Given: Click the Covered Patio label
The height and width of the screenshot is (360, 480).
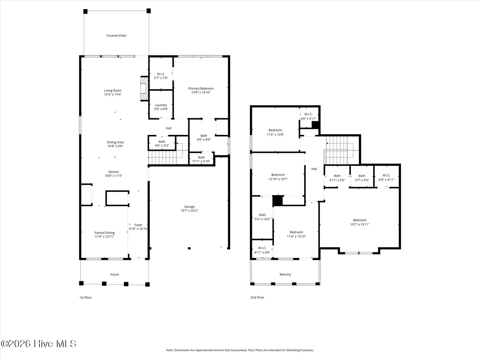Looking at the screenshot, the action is [x=116, y=36].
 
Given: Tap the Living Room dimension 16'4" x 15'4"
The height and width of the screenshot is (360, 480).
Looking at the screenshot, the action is [x=113, y=94].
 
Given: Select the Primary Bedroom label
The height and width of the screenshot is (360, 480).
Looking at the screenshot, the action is [x=201, y=88].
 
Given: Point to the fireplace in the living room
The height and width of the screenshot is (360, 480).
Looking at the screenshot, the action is [x=144, y=88].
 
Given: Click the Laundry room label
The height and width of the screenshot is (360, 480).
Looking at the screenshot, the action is [x=161, y=105].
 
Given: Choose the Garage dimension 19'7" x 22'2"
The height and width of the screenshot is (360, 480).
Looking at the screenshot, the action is [x=189, y=211].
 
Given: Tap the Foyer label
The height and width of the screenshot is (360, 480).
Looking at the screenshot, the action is [x=138, y=225].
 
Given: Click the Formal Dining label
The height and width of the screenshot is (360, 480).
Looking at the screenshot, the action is [x=104, y=233].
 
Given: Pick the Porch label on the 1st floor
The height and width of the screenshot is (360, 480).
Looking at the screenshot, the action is [x=115, y=275].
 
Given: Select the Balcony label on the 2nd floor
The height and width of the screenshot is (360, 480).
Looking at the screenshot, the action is [x=285, y=274].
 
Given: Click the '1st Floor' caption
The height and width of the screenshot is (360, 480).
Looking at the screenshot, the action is [x=86, y=297].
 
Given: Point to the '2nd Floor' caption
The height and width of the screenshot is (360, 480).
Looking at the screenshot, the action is [x=257, y=297].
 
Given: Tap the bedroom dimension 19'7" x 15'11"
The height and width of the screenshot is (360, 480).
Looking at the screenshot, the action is [x=360, y=224].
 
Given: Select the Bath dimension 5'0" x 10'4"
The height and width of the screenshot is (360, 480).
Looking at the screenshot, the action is [x=262, y=219].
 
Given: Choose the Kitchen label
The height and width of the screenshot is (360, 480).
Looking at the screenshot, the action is [x=113, y=172].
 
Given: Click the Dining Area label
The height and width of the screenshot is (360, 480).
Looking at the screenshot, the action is [x=115, y=142].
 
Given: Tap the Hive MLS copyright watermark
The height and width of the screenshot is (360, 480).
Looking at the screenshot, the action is [x=38, y=344].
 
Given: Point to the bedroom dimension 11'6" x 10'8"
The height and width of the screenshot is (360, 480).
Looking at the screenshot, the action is [x=275, y=135].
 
